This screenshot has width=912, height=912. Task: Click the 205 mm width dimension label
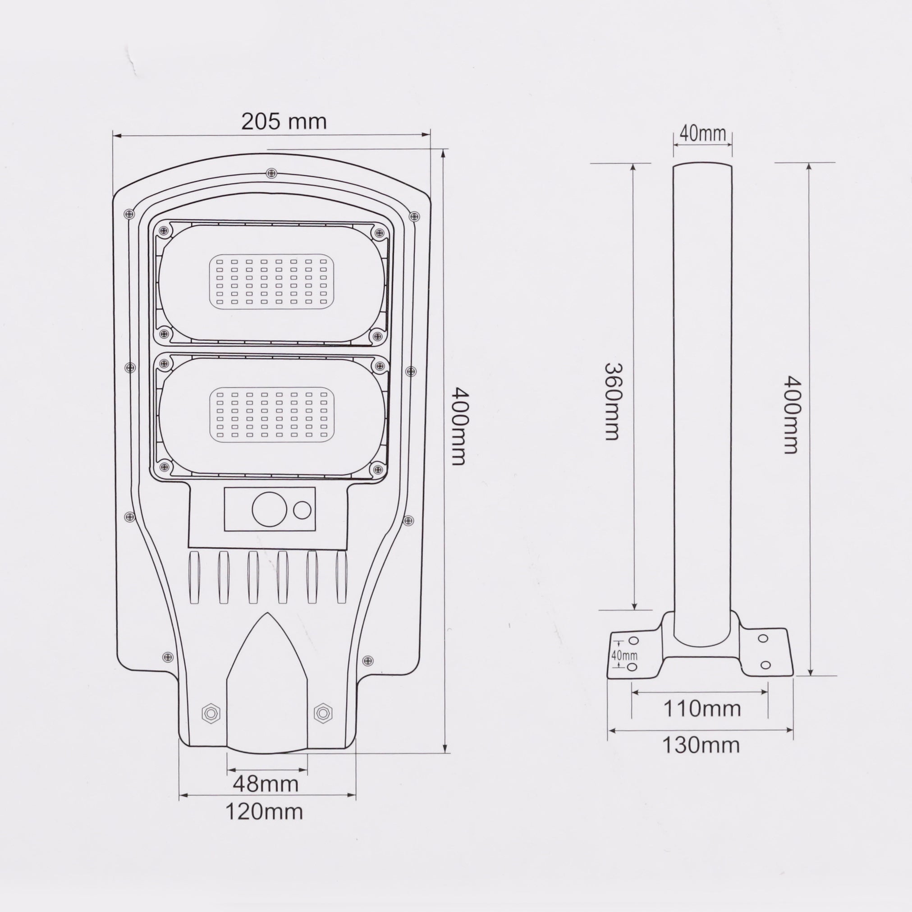(x=284, y=122)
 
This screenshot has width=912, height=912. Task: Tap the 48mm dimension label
(x=266, y=784)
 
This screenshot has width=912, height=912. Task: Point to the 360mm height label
(x=612, y=402)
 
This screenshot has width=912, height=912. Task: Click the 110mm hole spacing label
(x=702, y=722)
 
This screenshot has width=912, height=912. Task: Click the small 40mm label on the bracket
(x=624, y=655)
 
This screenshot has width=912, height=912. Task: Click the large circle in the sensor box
(x=270, y=510)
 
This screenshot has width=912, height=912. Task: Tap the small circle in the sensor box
(x=302, y=510)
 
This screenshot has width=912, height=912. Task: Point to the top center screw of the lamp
(x=271, y=173)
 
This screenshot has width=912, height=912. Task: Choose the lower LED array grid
(x=271, y=414)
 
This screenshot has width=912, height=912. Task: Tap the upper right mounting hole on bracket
(x=763, y=639)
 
